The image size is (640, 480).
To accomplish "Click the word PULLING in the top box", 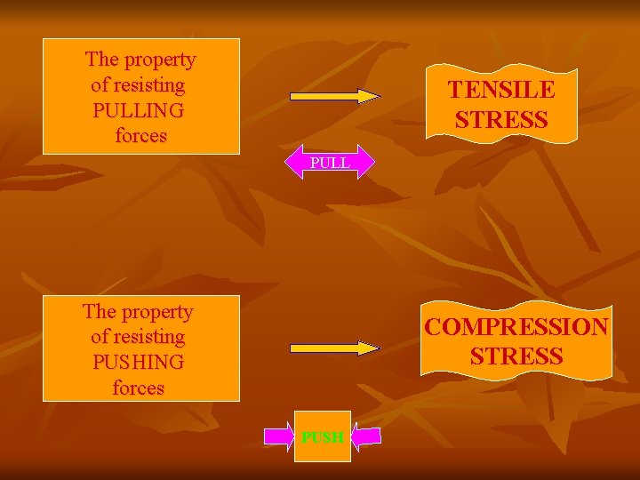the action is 139,111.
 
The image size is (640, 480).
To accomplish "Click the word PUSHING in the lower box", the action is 138,363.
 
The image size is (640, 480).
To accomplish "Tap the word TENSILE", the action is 501,90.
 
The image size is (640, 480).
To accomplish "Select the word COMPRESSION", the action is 516,326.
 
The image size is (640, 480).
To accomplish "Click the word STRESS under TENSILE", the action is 501,119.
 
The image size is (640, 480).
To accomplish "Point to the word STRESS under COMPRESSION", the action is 516,356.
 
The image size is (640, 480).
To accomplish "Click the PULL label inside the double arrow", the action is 330,164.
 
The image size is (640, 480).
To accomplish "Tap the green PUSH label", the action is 323,436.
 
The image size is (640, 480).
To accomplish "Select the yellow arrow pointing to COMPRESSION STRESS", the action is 334,348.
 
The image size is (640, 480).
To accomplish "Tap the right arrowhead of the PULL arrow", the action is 367,164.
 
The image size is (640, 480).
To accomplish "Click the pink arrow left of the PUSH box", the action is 279,436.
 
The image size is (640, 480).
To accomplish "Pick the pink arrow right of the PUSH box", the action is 367,436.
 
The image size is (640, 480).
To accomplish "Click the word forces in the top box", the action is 141,136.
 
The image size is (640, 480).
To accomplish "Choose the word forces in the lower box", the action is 139,388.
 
